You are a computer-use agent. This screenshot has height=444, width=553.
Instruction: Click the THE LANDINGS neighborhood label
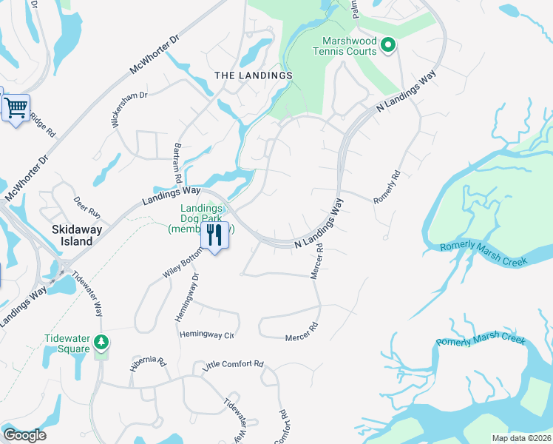click(x=254, y=75)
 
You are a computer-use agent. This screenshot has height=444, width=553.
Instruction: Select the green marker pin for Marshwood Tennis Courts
click(x=387, y=47)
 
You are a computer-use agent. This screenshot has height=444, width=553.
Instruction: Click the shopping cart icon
click(x=16, y=109)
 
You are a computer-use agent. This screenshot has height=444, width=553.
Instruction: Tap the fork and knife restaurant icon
click(x=214, y=236)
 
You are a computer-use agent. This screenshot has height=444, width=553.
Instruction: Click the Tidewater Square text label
click(x=72, y=343)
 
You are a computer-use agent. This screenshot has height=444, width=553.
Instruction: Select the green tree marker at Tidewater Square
click(x=102, y=343)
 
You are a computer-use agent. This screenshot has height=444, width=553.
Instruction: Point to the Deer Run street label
click(x=86, y=206)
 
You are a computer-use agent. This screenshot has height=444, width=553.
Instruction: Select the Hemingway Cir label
click(x=207, y=335)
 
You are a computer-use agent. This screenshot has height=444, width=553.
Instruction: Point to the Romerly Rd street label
click(x=387, y=188)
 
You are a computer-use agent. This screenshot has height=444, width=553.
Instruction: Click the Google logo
click(x=24, y=435)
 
